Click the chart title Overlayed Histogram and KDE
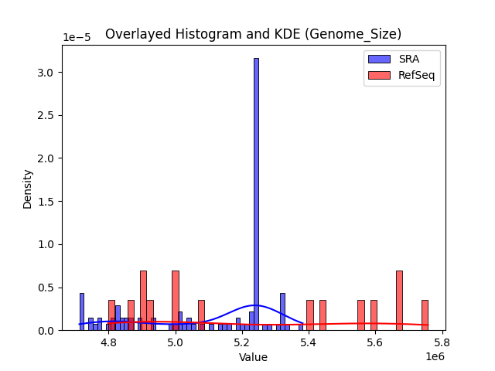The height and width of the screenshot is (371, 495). (253, 34)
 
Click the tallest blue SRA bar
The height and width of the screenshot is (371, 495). (256, 193)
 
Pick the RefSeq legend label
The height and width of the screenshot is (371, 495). (415, 74)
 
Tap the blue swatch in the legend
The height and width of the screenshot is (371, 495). (378, 59)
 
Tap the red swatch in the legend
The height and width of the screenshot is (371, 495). (378, 74)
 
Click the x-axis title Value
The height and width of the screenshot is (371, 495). (253, 357)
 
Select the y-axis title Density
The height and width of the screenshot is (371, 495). (28, 189)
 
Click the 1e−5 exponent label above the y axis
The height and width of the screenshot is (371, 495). (77, 38)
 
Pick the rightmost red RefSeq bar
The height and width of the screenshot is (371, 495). (425, 315)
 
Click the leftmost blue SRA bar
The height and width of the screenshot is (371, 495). (81, 311)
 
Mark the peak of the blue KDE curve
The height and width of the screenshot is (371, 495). (256, 305)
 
